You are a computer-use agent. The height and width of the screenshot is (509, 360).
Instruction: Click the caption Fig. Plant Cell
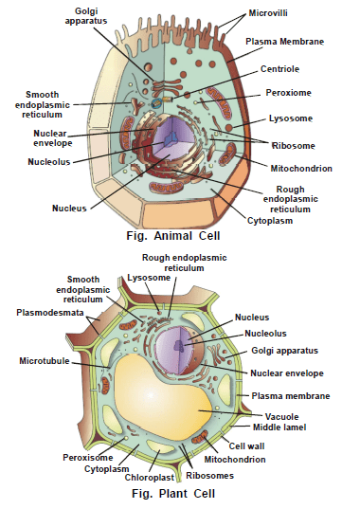pos(174,492)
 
